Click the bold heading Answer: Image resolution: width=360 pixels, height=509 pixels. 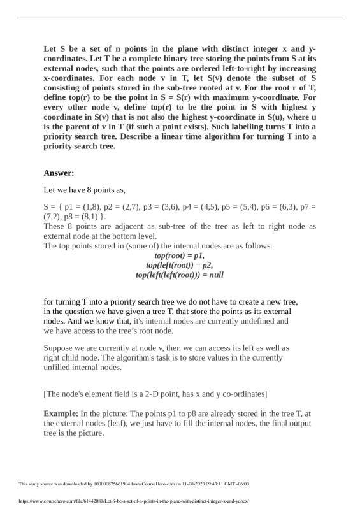59,173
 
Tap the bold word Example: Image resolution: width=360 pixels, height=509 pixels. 61,414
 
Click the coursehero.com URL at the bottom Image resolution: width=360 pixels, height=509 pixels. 134,501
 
